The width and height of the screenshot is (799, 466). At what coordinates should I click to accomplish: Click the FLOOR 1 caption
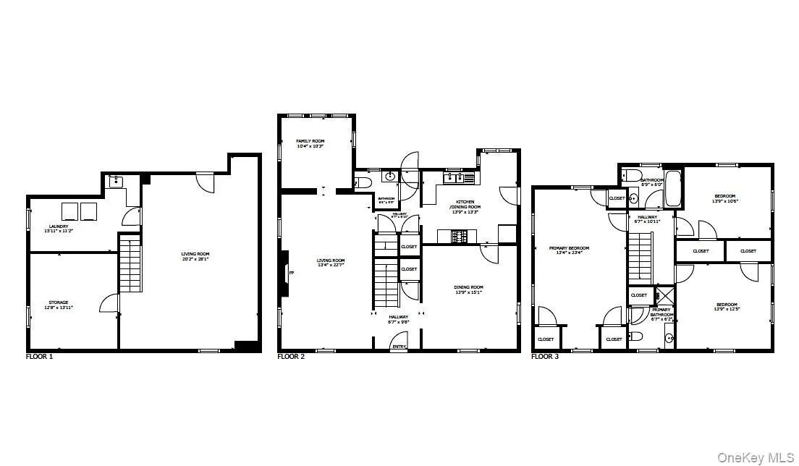point(39,357)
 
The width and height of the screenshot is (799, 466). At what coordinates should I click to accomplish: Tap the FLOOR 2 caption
point(292,357)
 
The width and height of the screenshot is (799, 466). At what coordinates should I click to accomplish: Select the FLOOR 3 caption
point(545,357)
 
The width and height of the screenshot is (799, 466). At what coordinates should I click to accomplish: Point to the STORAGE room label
point(58,302)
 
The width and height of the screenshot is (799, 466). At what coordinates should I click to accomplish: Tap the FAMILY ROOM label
point(310,140)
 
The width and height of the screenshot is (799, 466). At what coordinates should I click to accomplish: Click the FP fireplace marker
point(292,274)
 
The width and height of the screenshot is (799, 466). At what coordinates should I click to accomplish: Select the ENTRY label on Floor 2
point(398,347)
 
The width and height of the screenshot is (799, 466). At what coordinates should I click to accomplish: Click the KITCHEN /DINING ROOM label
point(468,204)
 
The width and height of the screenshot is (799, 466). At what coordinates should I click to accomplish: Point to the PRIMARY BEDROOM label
point(572,248)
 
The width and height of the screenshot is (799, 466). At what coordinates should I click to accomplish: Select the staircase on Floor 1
point(129,267)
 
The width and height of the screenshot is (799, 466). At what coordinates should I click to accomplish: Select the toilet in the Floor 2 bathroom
point(363,181)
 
